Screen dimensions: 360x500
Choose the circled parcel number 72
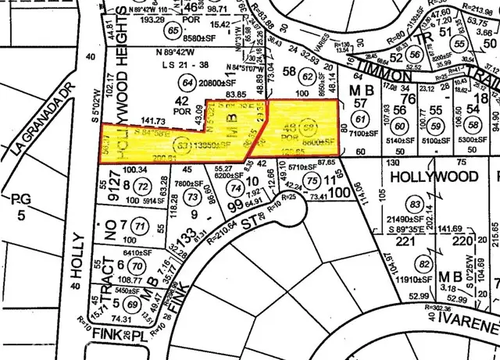(x=141, y=187)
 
